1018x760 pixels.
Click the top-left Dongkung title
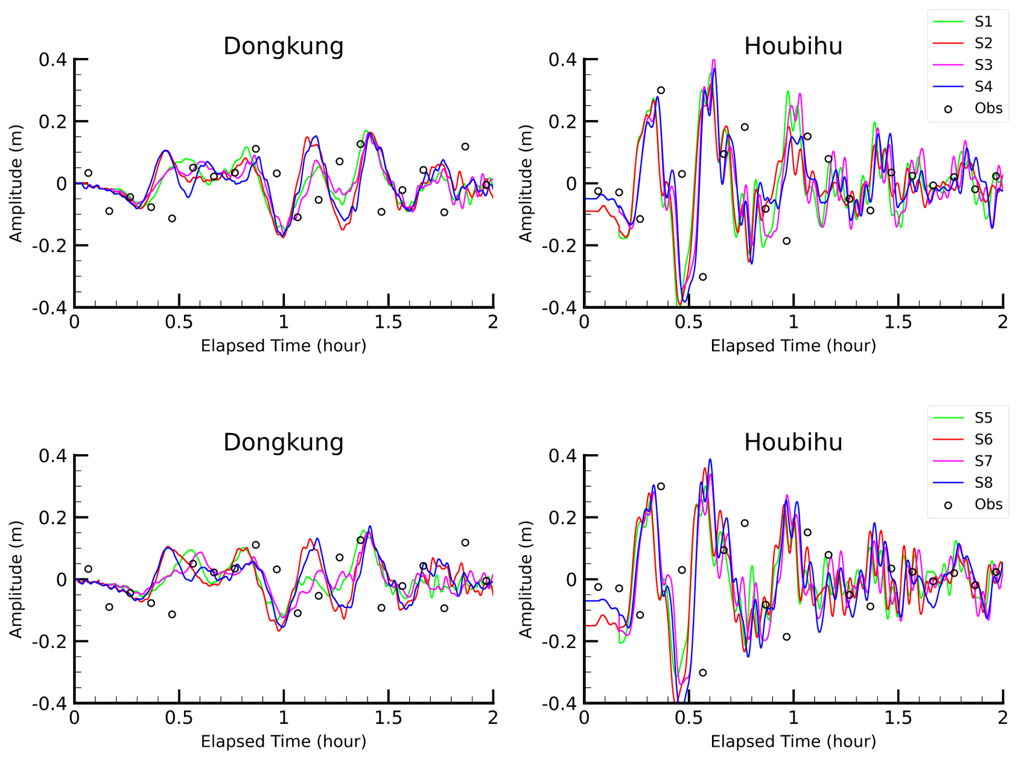click(x=283, y=46)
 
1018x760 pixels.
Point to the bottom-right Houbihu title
click(x=792, y=443)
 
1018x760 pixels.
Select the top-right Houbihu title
click(x=792, y=46)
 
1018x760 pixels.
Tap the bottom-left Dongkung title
click(x=283, y=443)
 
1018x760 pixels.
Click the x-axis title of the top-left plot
click(x=283, y=346)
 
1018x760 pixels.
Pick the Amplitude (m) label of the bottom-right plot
click(x=526, y=580)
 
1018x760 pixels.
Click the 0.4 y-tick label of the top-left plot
click(x=52, y=60)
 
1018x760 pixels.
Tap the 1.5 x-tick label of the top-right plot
click(x=898, y=321)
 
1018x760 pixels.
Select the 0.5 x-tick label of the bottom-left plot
click(x=179, y=717)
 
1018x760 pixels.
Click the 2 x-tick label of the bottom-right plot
click(x=1002, y=717)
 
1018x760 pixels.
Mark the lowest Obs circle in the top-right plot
click(x=702, y=277)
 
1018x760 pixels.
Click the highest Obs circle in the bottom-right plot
click(x=661, y=486)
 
